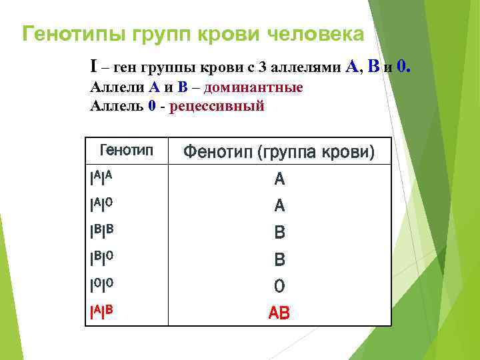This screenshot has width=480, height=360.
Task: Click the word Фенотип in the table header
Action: tap(217, 153)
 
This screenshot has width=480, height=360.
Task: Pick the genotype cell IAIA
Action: tap(101, 177)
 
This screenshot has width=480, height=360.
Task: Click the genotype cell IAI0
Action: tap(101, 205)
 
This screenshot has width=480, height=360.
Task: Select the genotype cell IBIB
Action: tap(101, 231)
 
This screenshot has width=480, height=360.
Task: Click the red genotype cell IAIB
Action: tap(101, 311)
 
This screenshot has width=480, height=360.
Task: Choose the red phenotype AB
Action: tap(279, 313)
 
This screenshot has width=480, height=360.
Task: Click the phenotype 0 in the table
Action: tap(279, 286)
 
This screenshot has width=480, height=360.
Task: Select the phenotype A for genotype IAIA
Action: tap(279, 179)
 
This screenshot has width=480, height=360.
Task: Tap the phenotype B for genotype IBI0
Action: tap(279, 259)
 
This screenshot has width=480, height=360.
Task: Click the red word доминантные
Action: tap(253, 88)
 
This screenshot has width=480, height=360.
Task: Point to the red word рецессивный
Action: tap(217, 107)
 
